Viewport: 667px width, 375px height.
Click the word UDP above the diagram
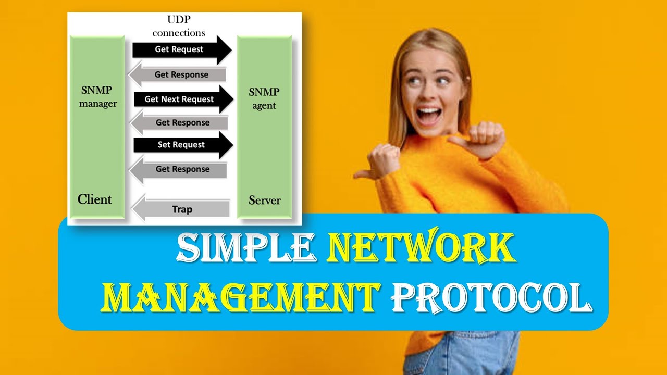coord(178,20)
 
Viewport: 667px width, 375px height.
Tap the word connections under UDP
coord(178,33)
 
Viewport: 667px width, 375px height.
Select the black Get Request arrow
coord(180,49)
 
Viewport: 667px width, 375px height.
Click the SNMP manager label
coord(97,96)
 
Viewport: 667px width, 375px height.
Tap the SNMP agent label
coord(264,98)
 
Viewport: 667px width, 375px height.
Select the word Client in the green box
coord(94,199)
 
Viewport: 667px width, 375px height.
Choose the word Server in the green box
coord(264,200)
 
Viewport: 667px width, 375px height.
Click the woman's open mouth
coord(428,115)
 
